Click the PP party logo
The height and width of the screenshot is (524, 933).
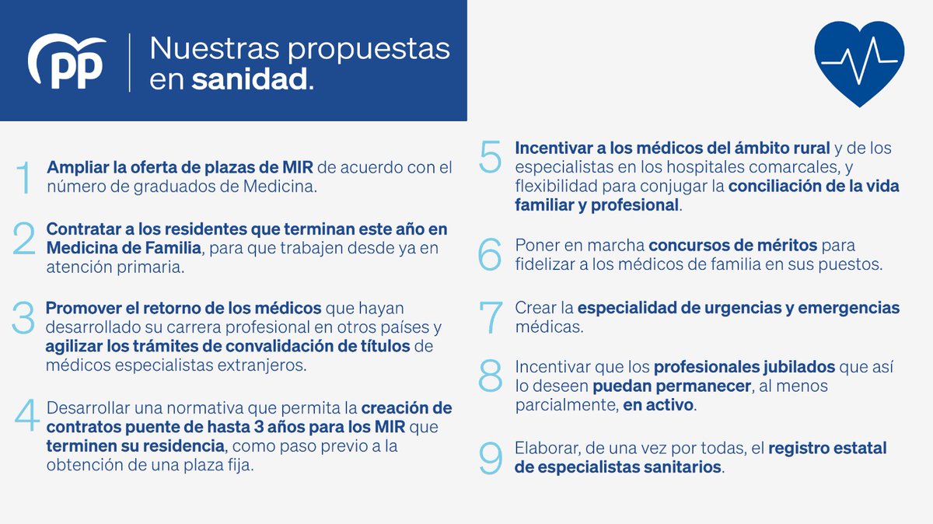(67, 63)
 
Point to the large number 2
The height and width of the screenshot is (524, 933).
(25, 239)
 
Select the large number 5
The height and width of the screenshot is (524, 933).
(491, 158)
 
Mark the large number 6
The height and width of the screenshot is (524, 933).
(491, 255)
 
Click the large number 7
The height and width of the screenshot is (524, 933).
(491, 317)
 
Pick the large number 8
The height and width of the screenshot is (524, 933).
(491, 376)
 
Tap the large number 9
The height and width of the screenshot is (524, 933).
(491, 459)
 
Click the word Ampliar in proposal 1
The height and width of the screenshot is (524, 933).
(74, 167)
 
